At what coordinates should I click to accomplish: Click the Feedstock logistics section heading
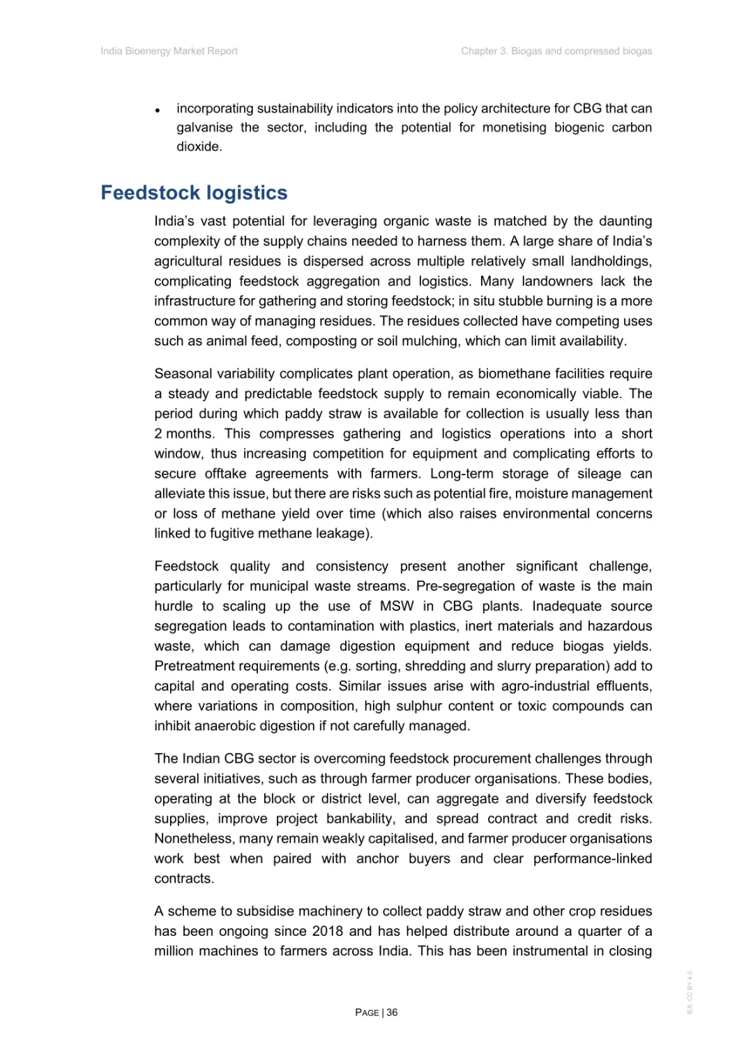194,192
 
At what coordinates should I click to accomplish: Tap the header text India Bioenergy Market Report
169,51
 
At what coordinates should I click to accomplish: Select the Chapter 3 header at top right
556,51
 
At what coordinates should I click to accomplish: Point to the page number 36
392,1012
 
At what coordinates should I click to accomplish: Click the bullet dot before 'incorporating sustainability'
158,110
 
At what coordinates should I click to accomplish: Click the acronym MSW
396,606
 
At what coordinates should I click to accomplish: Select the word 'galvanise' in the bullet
204,128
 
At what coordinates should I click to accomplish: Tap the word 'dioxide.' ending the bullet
199,146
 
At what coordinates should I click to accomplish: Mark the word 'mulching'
432,341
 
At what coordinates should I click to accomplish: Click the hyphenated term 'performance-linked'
593,858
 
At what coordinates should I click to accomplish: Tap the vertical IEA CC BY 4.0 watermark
690,992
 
